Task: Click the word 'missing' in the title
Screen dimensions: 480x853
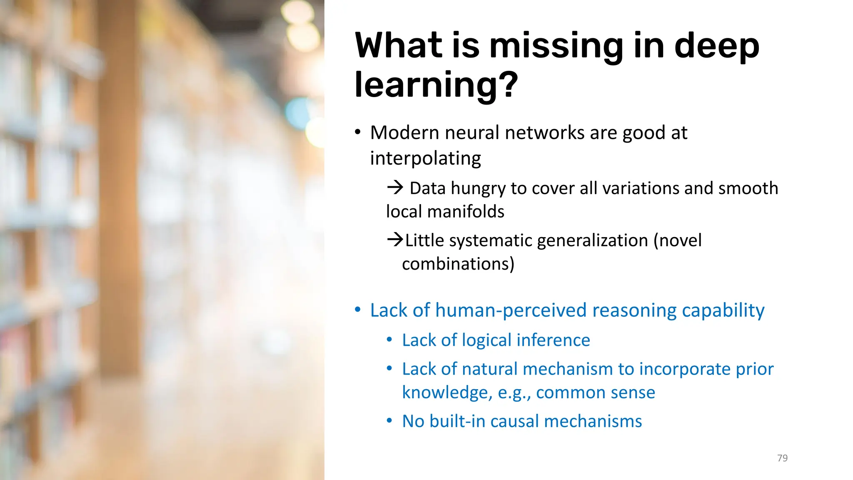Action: pyautogui.click(x=556, y=47)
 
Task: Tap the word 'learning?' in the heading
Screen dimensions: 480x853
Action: pyautogui.click(x=436, y=85)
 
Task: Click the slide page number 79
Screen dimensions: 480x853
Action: pyautogui.click(x=782, y=458)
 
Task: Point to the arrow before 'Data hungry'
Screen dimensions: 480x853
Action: pyautogui.click(x=395, y=187)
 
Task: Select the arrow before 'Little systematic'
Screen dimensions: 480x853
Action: pyautogui.click(x=395, y=240)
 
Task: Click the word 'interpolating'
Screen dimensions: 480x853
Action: pyautogui.click(x=425, y=158)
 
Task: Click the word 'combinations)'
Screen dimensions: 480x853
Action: pyautogui.click(x=458, y=264)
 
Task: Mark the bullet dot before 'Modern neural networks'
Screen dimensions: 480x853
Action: pyautogui.click(x=357, y=132)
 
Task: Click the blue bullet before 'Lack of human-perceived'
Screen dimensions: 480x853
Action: pyautogui.click(x=357, y=310)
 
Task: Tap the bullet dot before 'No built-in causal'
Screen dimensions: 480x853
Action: pyautogui.click(x=389, y=421)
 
